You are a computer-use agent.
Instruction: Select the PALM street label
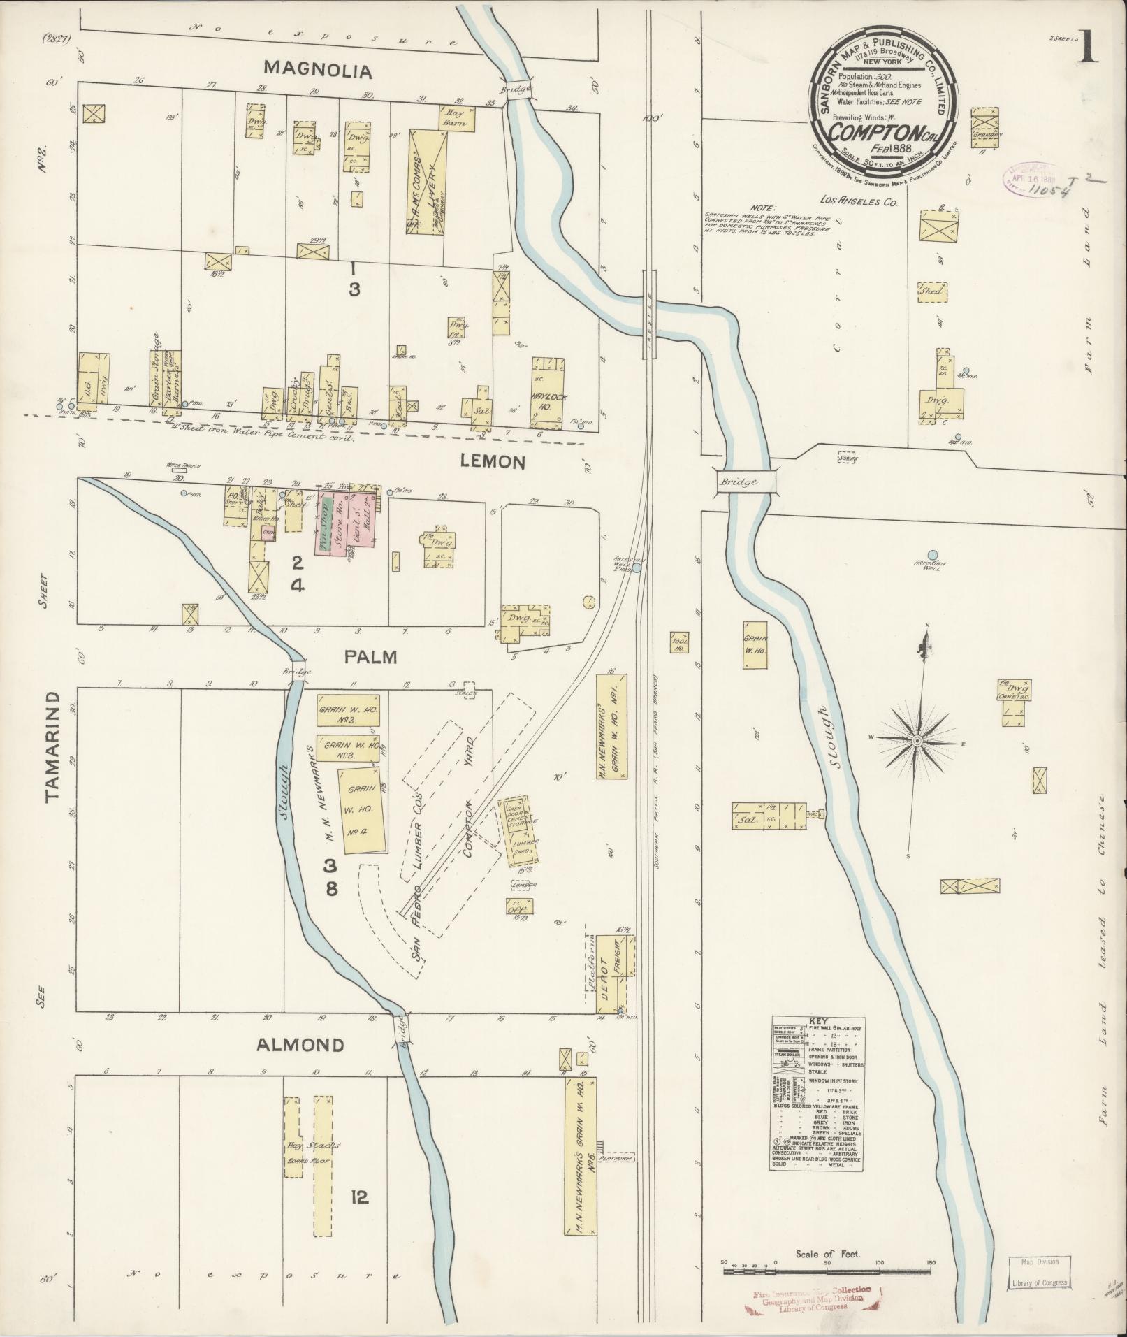pyautogui.click(x=370, y=657)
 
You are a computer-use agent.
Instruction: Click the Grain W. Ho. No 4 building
pyautogui.click(x=361, y=810)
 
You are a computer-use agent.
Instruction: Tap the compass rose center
pyautogui.click(x=917, y=740)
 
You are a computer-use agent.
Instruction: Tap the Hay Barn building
pyautogui.click(x=457, y=119)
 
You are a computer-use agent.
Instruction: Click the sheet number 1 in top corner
pyautogui.click(x=1086, y=49)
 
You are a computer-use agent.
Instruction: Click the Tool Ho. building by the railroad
pyautogui.click(x=678, y=644)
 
